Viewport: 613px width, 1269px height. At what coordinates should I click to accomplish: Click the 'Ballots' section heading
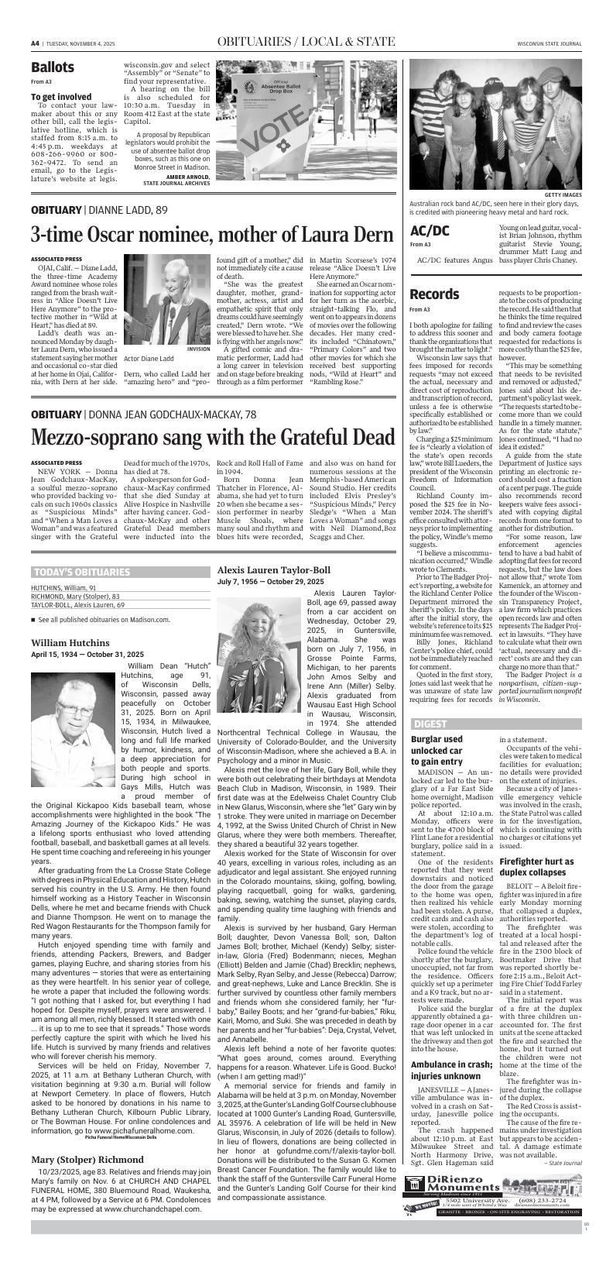[x=53, y=67]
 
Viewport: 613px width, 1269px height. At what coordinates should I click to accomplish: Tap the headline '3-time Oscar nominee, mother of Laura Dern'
[x=212, y=234]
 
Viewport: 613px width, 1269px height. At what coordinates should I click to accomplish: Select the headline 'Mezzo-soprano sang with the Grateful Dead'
[x=213, y=437]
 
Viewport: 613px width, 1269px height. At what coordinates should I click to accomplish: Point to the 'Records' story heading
[x=434, y=294]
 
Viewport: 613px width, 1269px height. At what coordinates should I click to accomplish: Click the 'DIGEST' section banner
[x=430, y=724]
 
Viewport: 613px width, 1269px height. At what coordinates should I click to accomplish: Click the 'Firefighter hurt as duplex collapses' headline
[x=536, y=866]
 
